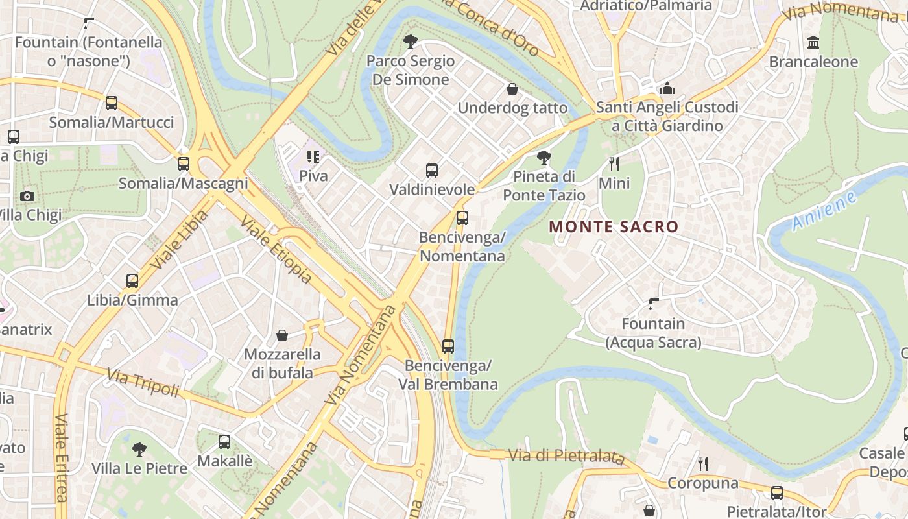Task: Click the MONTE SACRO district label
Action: click(x=613, y=227)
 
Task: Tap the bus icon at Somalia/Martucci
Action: click(x=112, y=103)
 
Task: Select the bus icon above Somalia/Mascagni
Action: click(x=184, y=164)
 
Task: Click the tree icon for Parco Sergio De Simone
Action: click(x=410, y=42)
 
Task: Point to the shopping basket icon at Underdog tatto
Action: click(x=512, y=89)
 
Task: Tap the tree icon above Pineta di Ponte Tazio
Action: click(x=544, y=157)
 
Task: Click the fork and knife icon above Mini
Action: click(x=614, y=163)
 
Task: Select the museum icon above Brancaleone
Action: click(x=813, y=43)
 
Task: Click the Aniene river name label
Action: click(x=824, y=211)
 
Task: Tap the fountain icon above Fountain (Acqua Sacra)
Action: click(x=654, y=304)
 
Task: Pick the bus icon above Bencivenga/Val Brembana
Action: click(x=448, y=346)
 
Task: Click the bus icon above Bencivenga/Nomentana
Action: click(x=462, y=218)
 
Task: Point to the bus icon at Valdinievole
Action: click(x=432, y=171)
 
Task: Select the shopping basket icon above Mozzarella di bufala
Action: click(x=282, y=335)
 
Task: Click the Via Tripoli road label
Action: click(x=143, y=383)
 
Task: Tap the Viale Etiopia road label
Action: click(x=276, y=250)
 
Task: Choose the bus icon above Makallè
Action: click(x=224, y=442)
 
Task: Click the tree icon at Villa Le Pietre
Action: click(x=139, y=449)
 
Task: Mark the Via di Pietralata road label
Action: click(x=566, y=457)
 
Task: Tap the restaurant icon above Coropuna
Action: click(x=702, y=463)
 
